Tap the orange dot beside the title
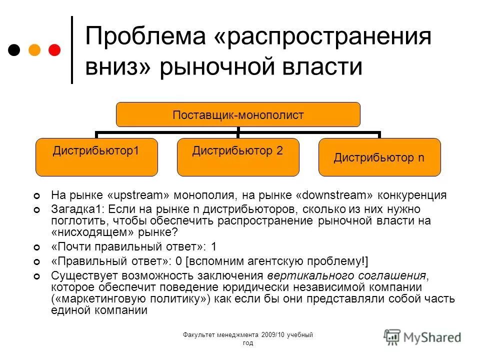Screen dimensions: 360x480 tap(34, 50)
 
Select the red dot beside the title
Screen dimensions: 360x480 tap(54, 50)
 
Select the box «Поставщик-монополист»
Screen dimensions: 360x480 tap(238, 114)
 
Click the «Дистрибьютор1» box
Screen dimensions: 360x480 tap(96, 157)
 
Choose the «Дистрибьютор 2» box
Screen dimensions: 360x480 tap(238, 157)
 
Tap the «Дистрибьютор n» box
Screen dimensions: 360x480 tap(379, 157)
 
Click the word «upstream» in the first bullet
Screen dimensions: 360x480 tap(135, 195)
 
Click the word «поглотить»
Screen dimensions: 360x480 tap(73, 220)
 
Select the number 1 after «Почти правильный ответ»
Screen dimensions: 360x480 tap(214, 246)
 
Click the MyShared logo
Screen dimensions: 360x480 tap(423, 336)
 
